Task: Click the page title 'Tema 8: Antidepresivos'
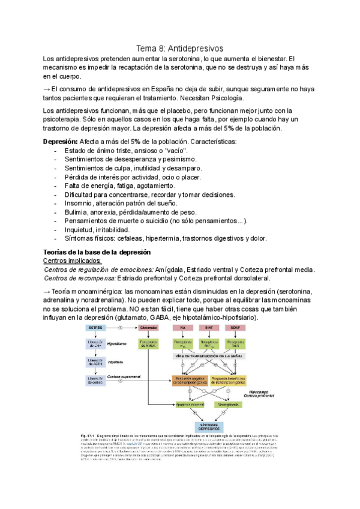[179, 47]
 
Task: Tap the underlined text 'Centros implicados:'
[73, 261]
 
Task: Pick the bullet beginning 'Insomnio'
[120, 204]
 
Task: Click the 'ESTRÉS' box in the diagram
[95, 328]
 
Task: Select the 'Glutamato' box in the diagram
[149, 328]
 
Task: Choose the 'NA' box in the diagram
[182, 328]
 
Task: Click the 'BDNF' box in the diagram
[233, 328]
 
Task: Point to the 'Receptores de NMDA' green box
[149, 344]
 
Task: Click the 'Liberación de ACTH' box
[95, 363]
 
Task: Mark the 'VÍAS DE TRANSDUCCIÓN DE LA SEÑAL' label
[208, 356]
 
